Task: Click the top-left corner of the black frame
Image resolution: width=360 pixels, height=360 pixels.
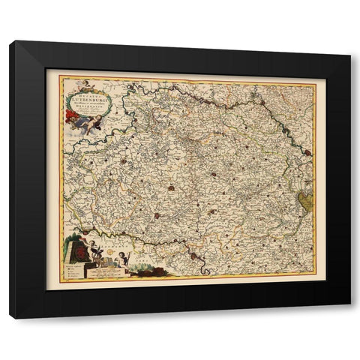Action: tap(10, 41)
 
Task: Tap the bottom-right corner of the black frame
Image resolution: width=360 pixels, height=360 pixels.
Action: tap(350, 319)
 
